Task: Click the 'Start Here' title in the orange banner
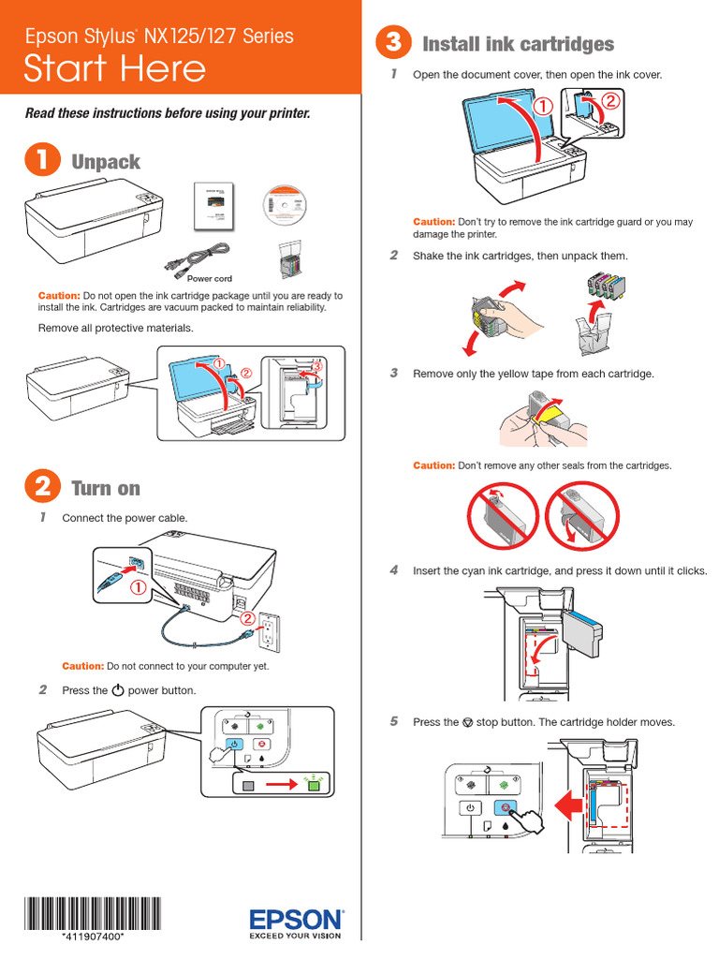[x=115, y=68]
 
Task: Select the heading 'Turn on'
[x=105, y=487]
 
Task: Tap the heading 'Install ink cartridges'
[x=518, y=44]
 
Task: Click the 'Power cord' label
[x=209, y=279]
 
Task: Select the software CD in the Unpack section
[x=286, y=203]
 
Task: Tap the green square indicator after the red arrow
[x=315, y=784]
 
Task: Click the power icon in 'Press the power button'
[x=117, y=691]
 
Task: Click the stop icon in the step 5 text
[x=468, y=723]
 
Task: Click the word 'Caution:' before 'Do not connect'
[x=82, y=666]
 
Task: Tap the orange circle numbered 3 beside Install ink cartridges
[x=393, y=43]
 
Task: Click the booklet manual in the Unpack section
[x=213, y=204]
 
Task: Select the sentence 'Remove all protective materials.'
[x=115, y=328]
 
